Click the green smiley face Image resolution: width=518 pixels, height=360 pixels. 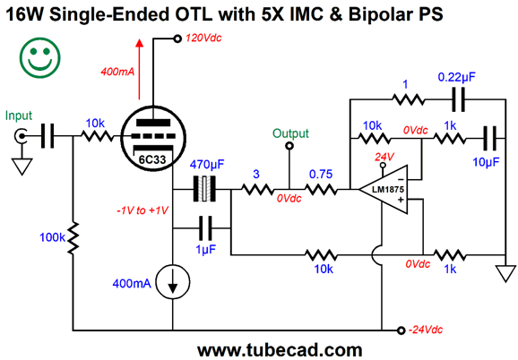coord(40,57)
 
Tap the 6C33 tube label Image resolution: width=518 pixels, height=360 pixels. coord(152,160)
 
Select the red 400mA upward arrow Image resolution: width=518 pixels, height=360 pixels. coord(140,69)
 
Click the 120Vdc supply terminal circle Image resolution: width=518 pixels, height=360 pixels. coord(177,39)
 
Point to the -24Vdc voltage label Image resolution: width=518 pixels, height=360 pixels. coord(426,330)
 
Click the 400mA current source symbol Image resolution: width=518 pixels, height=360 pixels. coord(172,282)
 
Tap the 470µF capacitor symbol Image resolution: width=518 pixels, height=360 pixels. coord(204,189)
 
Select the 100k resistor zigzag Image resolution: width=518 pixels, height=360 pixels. coord(73,238)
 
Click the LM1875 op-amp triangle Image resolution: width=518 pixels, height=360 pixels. coord(384,190)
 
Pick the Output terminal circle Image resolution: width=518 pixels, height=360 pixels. coord(289,145)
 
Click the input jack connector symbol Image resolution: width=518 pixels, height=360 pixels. coord(21,136)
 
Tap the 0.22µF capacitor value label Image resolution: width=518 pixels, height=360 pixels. coord(456,77)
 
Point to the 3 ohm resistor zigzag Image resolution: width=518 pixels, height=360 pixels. coord(257,190)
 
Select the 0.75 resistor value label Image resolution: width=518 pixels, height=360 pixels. coord(321,175)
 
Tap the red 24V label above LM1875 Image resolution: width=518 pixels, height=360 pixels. coord(384,157)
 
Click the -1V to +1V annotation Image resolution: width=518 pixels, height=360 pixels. coord(142,210)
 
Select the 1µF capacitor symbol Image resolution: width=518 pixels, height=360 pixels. coord(205,228)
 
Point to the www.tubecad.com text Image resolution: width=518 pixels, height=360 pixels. coord(280,350)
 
